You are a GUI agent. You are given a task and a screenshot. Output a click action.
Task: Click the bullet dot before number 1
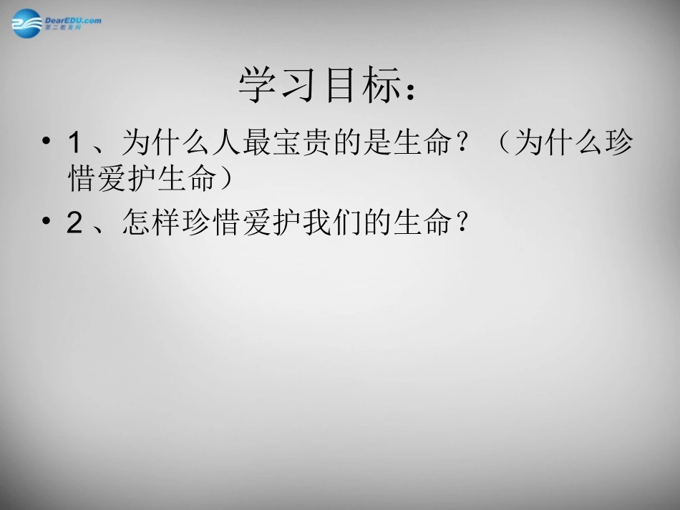pyautogui.click(x=47, y=140)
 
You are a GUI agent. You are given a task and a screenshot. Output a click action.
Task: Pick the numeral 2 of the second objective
pyautogui.click(x=74, y=224)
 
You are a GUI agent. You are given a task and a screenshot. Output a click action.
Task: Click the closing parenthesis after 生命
pyautogui.click(x=228, y=180)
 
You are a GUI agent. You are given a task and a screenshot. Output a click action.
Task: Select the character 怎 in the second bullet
pyautogui.click(x=135, y=224)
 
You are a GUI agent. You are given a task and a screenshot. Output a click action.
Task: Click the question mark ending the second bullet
pyautogui.click(x=462, y=224)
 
